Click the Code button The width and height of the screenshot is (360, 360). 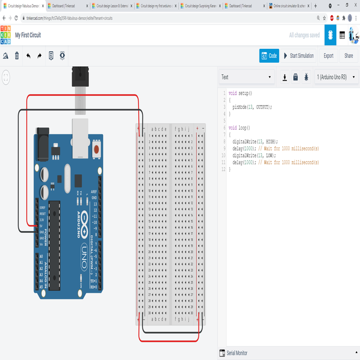pos(269,56)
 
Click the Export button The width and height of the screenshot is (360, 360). pos(328,56)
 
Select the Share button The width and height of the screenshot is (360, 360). pos(348,56)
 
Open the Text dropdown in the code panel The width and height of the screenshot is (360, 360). pos(247,77)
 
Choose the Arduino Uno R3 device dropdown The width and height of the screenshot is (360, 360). pos(335,77)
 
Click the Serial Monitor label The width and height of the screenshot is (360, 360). pos(236,353)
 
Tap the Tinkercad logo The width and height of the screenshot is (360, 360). pos(5,35)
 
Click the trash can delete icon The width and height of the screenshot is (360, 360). pos(17,56)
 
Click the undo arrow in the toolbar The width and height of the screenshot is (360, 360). pos(28,56)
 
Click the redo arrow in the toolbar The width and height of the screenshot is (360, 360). pos(39,56)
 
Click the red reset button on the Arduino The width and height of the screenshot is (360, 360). pos(96,149)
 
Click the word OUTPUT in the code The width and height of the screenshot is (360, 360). pos(262,107)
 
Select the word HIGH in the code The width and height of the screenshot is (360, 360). pos(271,141)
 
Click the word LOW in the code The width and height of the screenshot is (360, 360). pos(270,155)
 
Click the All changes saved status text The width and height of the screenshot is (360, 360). pos(304,35)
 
